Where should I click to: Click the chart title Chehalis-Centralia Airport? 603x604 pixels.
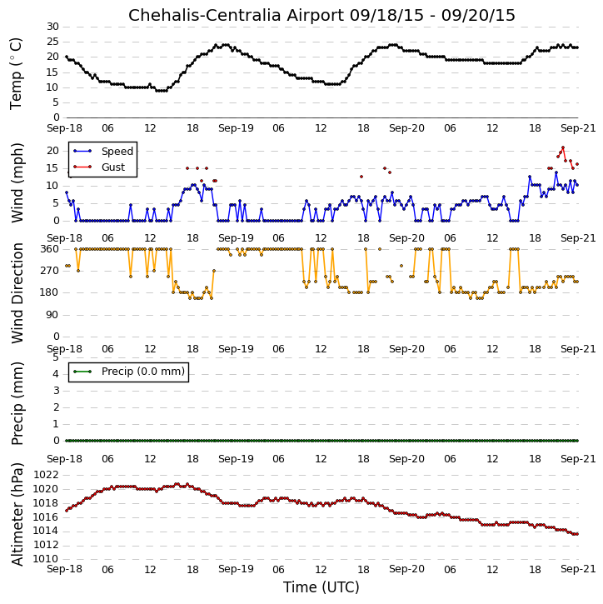pos(236,15)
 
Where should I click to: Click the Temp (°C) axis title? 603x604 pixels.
pos(16,73)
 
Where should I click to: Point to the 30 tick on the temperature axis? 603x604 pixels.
pos(52,27)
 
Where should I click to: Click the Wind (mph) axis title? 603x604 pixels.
pos(17,182)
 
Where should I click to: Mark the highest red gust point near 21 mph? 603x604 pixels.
pos(563,147)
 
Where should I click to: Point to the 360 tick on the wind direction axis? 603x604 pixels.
pos(50,249)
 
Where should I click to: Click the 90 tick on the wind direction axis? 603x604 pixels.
pos(52,315)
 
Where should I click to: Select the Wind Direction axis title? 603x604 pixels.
pos(17,292)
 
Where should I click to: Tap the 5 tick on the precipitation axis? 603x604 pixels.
pos(56,357)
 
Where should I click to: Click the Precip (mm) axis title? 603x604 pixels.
pos(17,403)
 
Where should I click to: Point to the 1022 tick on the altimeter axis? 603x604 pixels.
pos(46,475)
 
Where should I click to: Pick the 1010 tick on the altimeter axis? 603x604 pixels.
pos(46,559)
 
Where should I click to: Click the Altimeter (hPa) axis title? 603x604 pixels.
pos(17,514)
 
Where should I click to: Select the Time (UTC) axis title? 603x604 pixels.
pos(321,587)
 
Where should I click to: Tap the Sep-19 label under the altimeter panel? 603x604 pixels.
pos(236,569)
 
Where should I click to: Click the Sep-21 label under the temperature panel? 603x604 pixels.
pos(578,128)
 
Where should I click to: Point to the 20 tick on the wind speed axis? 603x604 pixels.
pos(52,151)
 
